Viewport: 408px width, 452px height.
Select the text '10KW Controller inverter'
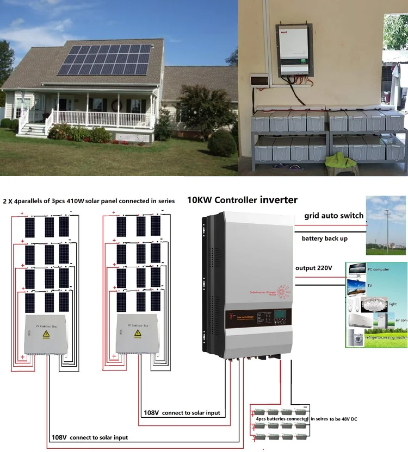pos(242,200)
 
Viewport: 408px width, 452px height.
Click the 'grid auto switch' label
pos(333,216)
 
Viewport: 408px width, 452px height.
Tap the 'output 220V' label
pos(317,268)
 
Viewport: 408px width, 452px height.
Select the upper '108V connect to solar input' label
pos(182,413)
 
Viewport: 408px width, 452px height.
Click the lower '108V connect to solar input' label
pos(90,437)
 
